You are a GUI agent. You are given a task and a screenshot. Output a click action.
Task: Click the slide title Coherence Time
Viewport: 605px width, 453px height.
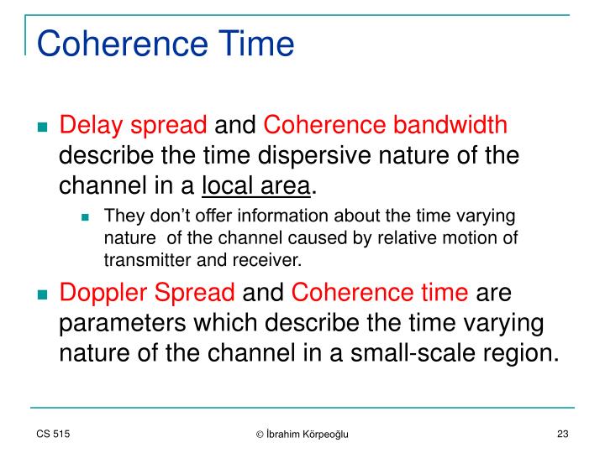pos(166,43)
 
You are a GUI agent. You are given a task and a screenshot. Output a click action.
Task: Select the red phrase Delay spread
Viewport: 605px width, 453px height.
pos(134,126)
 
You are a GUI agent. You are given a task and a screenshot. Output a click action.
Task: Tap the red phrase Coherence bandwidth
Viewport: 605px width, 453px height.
pos(386,126)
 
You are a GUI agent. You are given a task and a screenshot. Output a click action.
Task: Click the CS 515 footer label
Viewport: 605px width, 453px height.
pos(53,433)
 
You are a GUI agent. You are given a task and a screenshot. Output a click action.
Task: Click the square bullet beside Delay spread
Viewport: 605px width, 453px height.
pos(42,128)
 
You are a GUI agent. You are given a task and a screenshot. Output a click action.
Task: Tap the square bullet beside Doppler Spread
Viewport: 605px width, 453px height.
pos(42,295)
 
